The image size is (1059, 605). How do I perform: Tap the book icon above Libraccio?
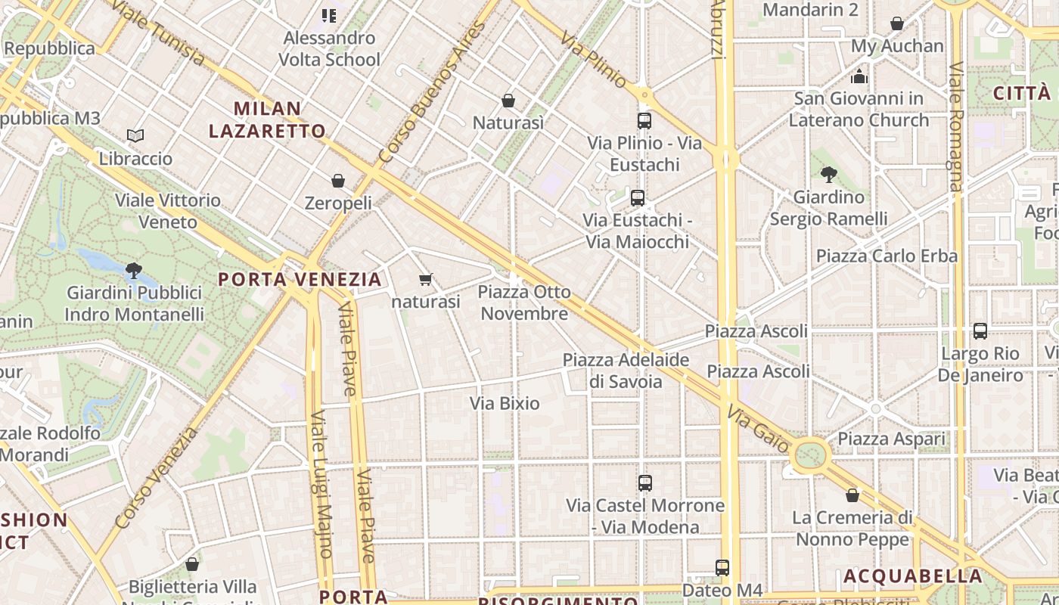pyautogui.click(x=135, y=135)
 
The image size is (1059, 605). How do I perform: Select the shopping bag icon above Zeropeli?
pyautogui.click(x=338, y=181)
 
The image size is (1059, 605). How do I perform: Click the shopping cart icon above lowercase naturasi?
pyautogui.click(x=426, y=280)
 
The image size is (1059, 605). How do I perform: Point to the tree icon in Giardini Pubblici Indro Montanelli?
pyautogui.click(x=134, y=269)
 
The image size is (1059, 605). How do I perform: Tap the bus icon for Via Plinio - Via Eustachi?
pyautogui.click(x=644, y=120)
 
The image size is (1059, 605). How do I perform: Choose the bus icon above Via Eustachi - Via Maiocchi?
pyautogui.click(x=638, y=198)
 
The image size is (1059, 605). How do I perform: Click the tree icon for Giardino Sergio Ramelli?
pyautogui.click(x=829, y=175)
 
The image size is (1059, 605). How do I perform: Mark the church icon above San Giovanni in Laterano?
pyautogui.click(x=859, y=76)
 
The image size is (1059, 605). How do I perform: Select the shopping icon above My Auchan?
pyautogui.click(x=897, y=23)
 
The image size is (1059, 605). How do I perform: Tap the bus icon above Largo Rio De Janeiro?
pyautogui.click(x=980, y=331)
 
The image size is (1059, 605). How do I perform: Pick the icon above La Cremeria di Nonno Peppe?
pyautogui.click(x=852, y=495)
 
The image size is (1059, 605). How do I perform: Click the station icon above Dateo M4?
pyautogui.click(x=722, y=567)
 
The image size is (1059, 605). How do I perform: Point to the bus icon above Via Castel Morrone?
pyautogui.click(x=645, y=482)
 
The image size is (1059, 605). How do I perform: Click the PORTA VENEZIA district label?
pyautogui.click(x=300, y=279)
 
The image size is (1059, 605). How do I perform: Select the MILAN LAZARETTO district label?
pyautogui.click(x=267, y=119)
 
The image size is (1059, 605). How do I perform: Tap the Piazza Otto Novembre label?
pyautogui.click(x=523, y=302)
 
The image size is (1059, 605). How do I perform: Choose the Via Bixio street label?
pyautogui.click(x=505, y=403)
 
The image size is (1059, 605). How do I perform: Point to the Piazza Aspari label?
pyautogui.click(x=891, y=439)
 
